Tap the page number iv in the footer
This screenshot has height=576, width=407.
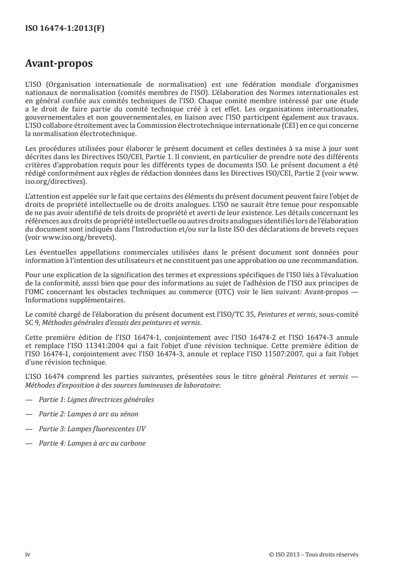(x=28, y=554)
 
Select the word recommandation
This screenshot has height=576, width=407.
(x=330, y=260)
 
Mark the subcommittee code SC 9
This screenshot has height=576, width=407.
(x=33, y=322)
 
